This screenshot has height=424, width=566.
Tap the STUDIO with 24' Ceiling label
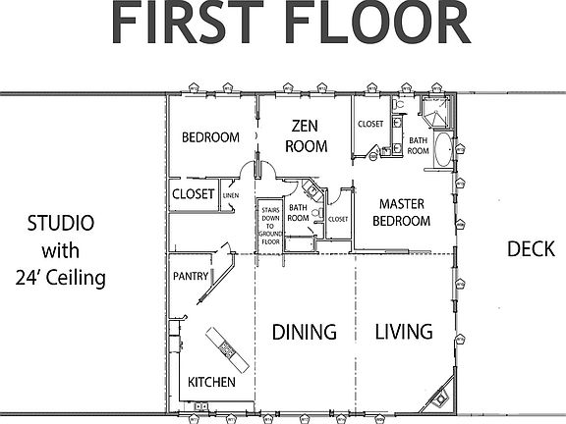pos(61,250)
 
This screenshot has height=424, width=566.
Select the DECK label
pos(532,248)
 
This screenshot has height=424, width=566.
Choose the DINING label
pos(304,332)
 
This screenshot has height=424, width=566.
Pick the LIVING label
pos(404,332)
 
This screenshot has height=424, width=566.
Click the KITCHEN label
pos(211,381)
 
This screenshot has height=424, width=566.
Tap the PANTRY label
pos(191,277)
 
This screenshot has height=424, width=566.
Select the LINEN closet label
pos(231,196)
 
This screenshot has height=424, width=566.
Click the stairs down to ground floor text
pos(271,225)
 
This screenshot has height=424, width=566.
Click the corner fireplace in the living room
pos(438,397)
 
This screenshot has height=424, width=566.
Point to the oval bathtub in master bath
pos(444,153)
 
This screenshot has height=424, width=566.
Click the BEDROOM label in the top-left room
pos(210,137)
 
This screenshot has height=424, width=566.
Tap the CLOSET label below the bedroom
pos(193,194)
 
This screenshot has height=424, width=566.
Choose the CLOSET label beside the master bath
pos(370,125)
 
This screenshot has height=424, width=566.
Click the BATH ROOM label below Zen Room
pos(298,213)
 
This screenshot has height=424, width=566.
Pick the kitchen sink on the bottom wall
pos(200,405)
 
